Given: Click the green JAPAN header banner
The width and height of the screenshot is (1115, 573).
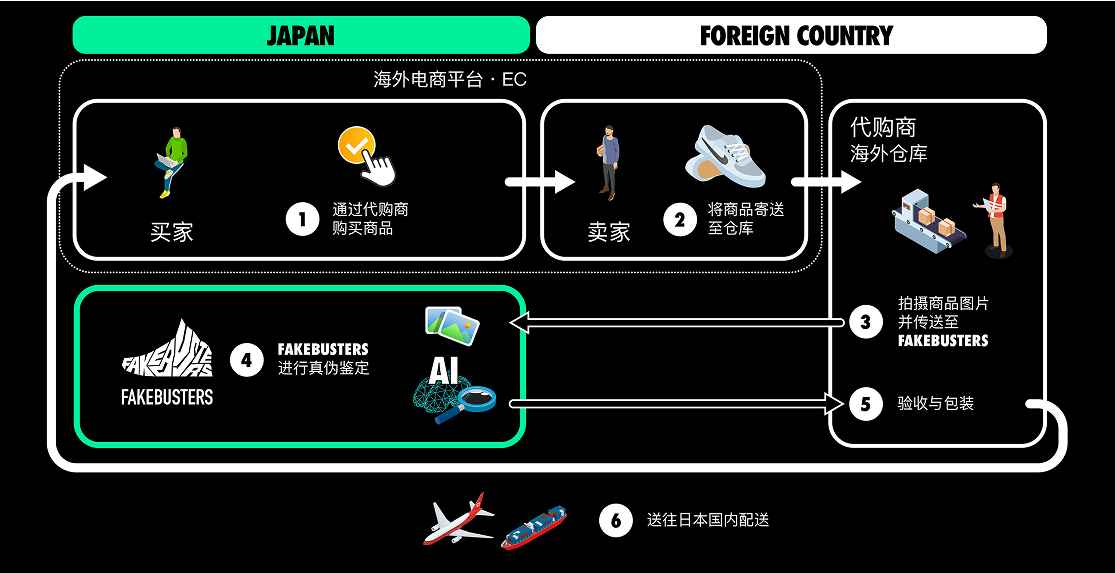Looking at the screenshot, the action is pyautogui.click(x=301, y=35).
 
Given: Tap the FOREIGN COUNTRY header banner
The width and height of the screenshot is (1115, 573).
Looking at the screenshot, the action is pyautogui.click(x=791, y=35).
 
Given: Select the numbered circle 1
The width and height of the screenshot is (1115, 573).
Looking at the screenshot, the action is pyautogui.click(x=302, y=219).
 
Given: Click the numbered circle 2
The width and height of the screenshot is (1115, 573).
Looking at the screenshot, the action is pyautogui.click(x=680, y=219).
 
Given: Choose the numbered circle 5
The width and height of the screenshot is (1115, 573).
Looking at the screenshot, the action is pyautogui.click(x=866, y=404).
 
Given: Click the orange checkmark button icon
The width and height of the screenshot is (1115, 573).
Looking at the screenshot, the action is pyautogui.click(x=356, y=145).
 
